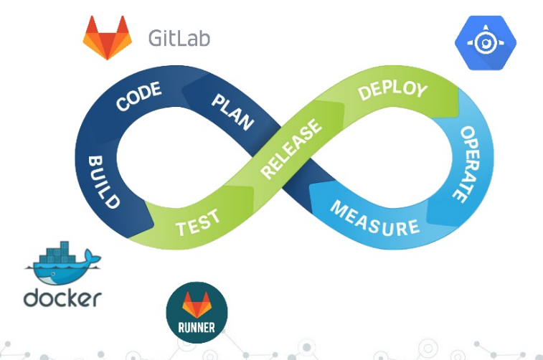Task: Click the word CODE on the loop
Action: tap(139, 98)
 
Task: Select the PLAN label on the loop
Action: tap(232, 110)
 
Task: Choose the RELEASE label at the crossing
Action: tap(291, 150)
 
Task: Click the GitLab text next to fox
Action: tap(179, 37)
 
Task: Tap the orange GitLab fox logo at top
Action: tap(108, 37)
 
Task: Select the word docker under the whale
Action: tap(62, 297)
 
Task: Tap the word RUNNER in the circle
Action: tap(197, 329)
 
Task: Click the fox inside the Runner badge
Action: tap(197, 305)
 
